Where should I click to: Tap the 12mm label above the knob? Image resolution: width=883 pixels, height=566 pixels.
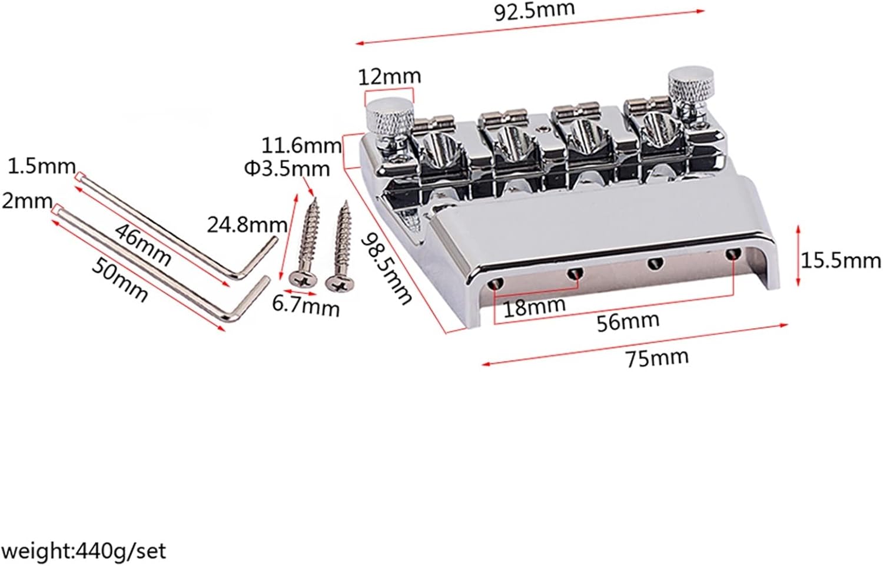click(x=390, y=76)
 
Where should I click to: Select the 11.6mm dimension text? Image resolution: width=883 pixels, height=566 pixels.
click(x=302, y=145)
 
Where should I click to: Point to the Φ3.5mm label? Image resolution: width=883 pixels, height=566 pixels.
click(x=287, y=168)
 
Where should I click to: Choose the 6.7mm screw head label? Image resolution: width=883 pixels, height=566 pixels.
click(x=306, y=307)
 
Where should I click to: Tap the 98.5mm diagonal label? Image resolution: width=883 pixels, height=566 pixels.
click(x=386, y=267)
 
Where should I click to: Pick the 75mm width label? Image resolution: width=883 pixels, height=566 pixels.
click(x=657, y=357)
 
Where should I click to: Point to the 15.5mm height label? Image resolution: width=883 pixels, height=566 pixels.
click(x=841, y=260)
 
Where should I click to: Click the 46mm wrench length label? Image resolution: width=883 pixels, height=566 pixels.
click(x=143, y=244)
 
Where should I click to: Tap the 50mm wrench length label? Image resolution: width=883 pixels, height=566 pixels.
click(x=119, y=280)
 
